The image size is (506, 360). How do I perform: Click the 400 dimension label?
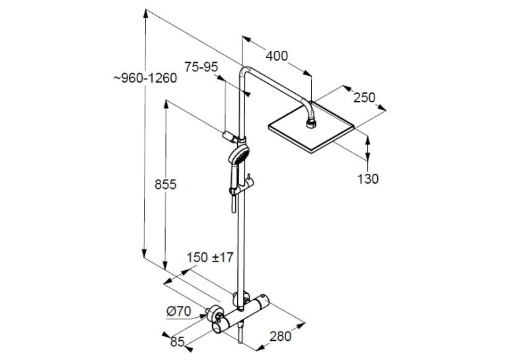277,56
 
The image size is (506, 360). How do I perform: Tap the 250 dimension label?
365,98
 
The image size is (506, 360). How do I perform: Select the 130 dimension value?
368,179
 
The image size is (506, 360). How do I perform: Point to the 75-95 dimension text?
201,67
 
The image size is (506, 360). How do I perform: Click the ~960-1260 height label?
145,78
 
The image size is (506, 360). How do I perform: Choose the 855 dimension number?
166,184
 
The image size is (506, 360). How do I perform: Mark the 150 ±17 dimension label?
210,258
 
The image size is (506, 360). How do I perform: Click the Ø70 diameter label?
179,311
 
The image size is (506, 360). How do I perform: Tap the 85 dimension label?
177,342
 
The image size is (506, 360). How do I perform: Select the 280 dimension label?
281,336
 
